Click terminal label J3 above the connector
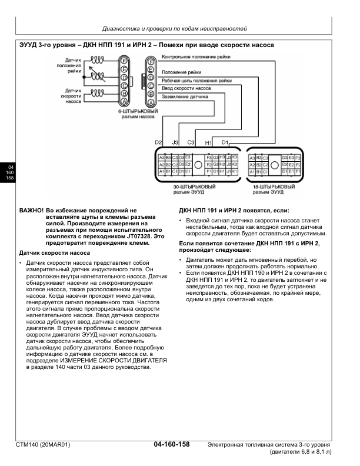point(175,143)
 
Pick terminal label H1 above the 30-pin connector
point(208,143)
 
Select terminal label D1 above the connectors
point(225,143)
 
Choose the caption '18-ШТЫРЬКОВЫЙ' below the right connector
point(269,186)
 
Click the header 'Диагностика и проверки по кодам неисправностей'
point(175,28)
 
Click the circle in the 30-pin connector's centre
point(198,164)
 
